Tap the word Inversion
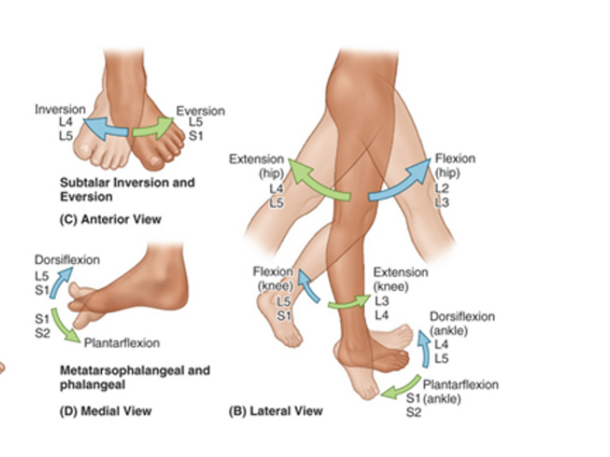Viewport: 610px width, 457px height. (x=59, y=109)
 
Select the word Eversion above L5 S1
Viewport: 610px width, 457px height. (x=201, y=111)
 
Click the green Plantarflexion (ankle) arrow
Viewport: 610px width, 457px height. (x=401, y=387)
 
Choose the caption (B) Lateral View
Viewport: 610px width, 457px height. (x=276, y=410)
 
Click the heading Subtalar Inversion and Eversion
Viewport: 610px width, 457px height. (x=127, y=189)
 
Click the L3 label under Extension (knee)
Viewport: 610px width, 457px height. (x=381, y=300)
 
